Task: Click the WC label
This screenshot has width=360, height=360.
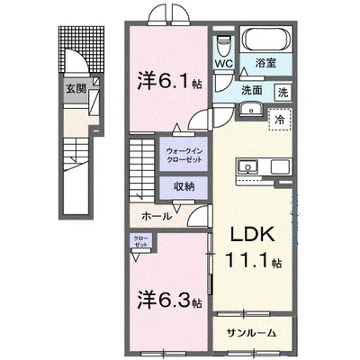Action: [224, 64]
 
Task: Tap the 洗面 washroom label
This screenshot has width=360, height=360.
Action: [249, 91]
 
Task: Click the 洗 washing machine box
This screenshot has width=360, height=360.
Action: [283, 92]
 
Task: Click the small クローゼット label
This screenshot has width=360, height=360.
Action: [140, 244]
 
